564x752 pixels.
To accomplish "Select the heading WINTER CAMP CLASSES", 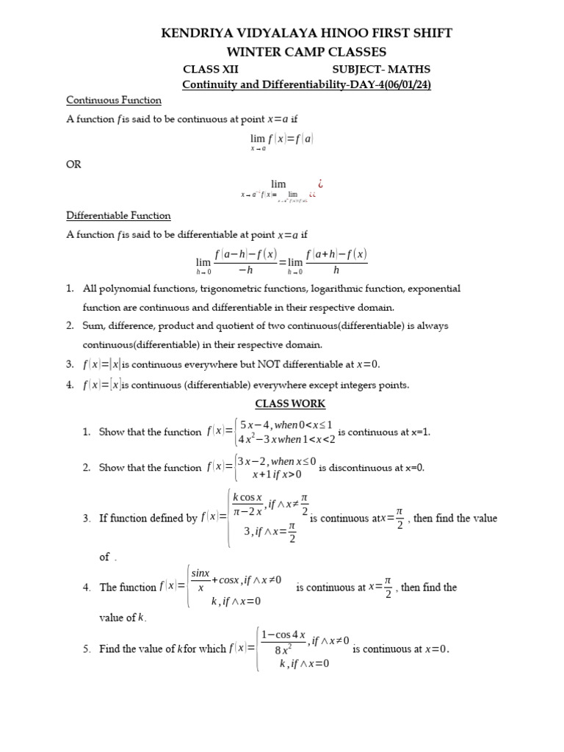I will click(x=281, y=51).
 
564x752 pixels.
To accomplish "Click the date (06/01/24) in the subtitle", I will click(x=403, y=84).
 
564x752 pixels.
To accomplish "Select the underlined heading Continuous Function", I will click(x=114, y=100).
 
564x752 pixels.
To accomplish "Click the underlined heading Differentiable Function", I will click(x=118, y=215).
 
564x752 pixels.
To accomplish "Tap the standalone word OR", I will click(x=73, y=164).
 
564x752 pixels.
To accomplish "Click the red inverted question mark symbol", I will click(x=319, y=182).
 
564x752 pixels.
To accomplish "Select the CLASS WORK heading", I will click(x=290, y=403).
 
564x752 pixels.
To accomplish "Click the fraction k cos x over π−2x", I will click(x=247, y=505).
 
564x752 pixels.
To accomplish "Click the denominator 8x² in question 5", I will click(x=286, y=649).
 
